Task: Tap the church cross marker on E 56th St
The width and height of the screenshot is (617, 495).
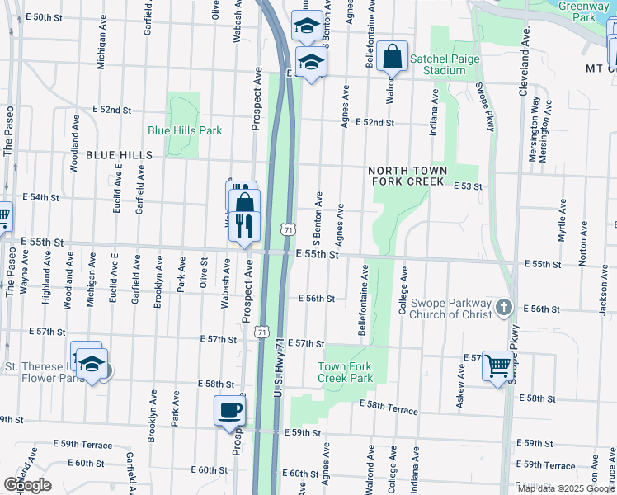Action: pos(505,309)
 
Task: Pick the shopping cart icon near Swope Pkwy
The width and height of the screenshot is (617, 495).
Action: pos(498,364)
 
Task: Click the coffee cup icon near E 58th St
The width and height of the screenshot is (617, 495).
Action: pos(229,410)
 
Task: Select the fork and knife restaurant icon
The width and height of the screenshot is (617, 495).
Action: pos(243,225)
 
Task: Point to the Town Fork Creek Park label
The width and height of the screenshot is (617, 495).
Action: pos(345,372)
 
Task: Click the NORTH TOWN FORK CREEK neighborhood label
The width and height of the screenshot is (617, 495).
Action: pos(409,176)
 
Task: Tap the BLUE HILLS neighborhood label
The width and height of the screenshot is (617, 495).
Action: pos(119,155)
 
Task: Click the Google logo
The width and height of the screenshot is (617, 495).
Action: pos(27,485)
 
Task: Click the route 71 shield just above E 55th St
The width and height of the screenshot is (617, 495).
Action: pos(285,228)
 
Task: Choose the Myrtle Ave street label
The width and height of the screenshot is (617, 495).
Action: pos(563,220)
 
